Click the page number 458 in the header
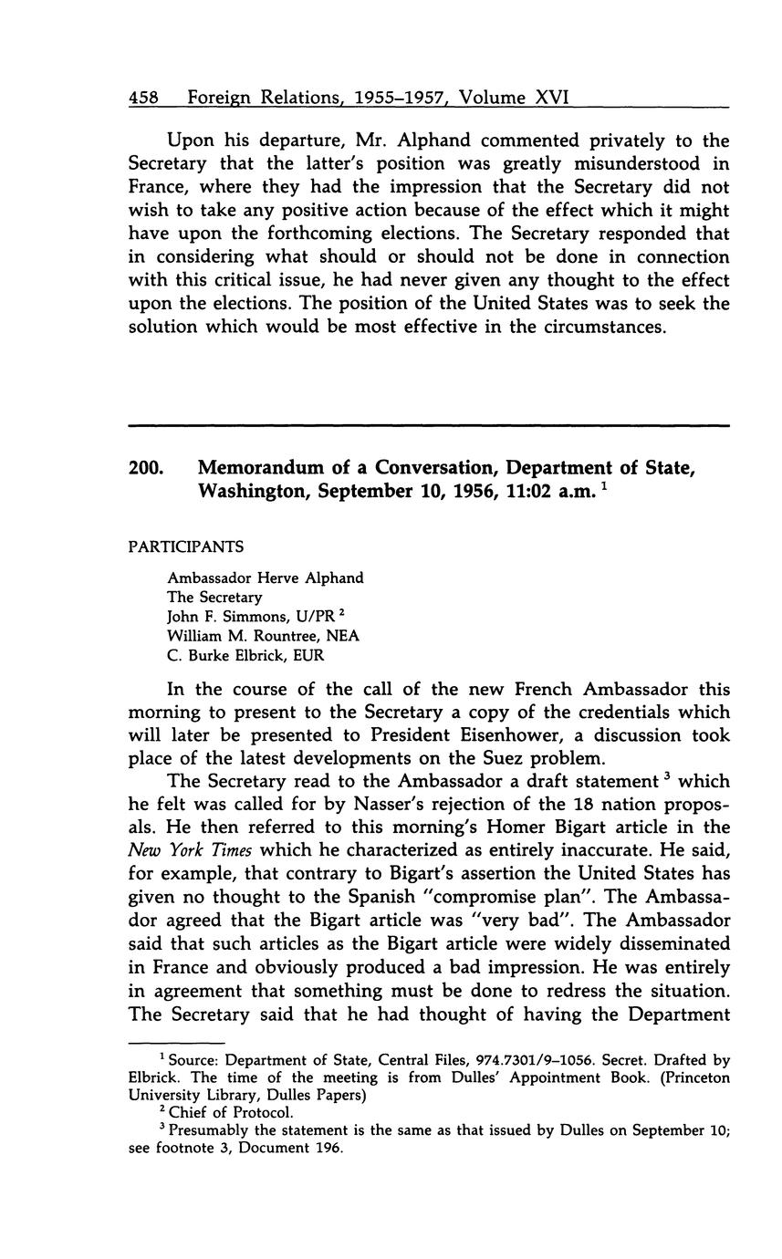143,97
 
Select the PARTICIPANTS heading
186,546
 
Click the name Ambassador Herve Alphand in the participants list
265,577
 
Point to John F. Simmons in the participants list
215,617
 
